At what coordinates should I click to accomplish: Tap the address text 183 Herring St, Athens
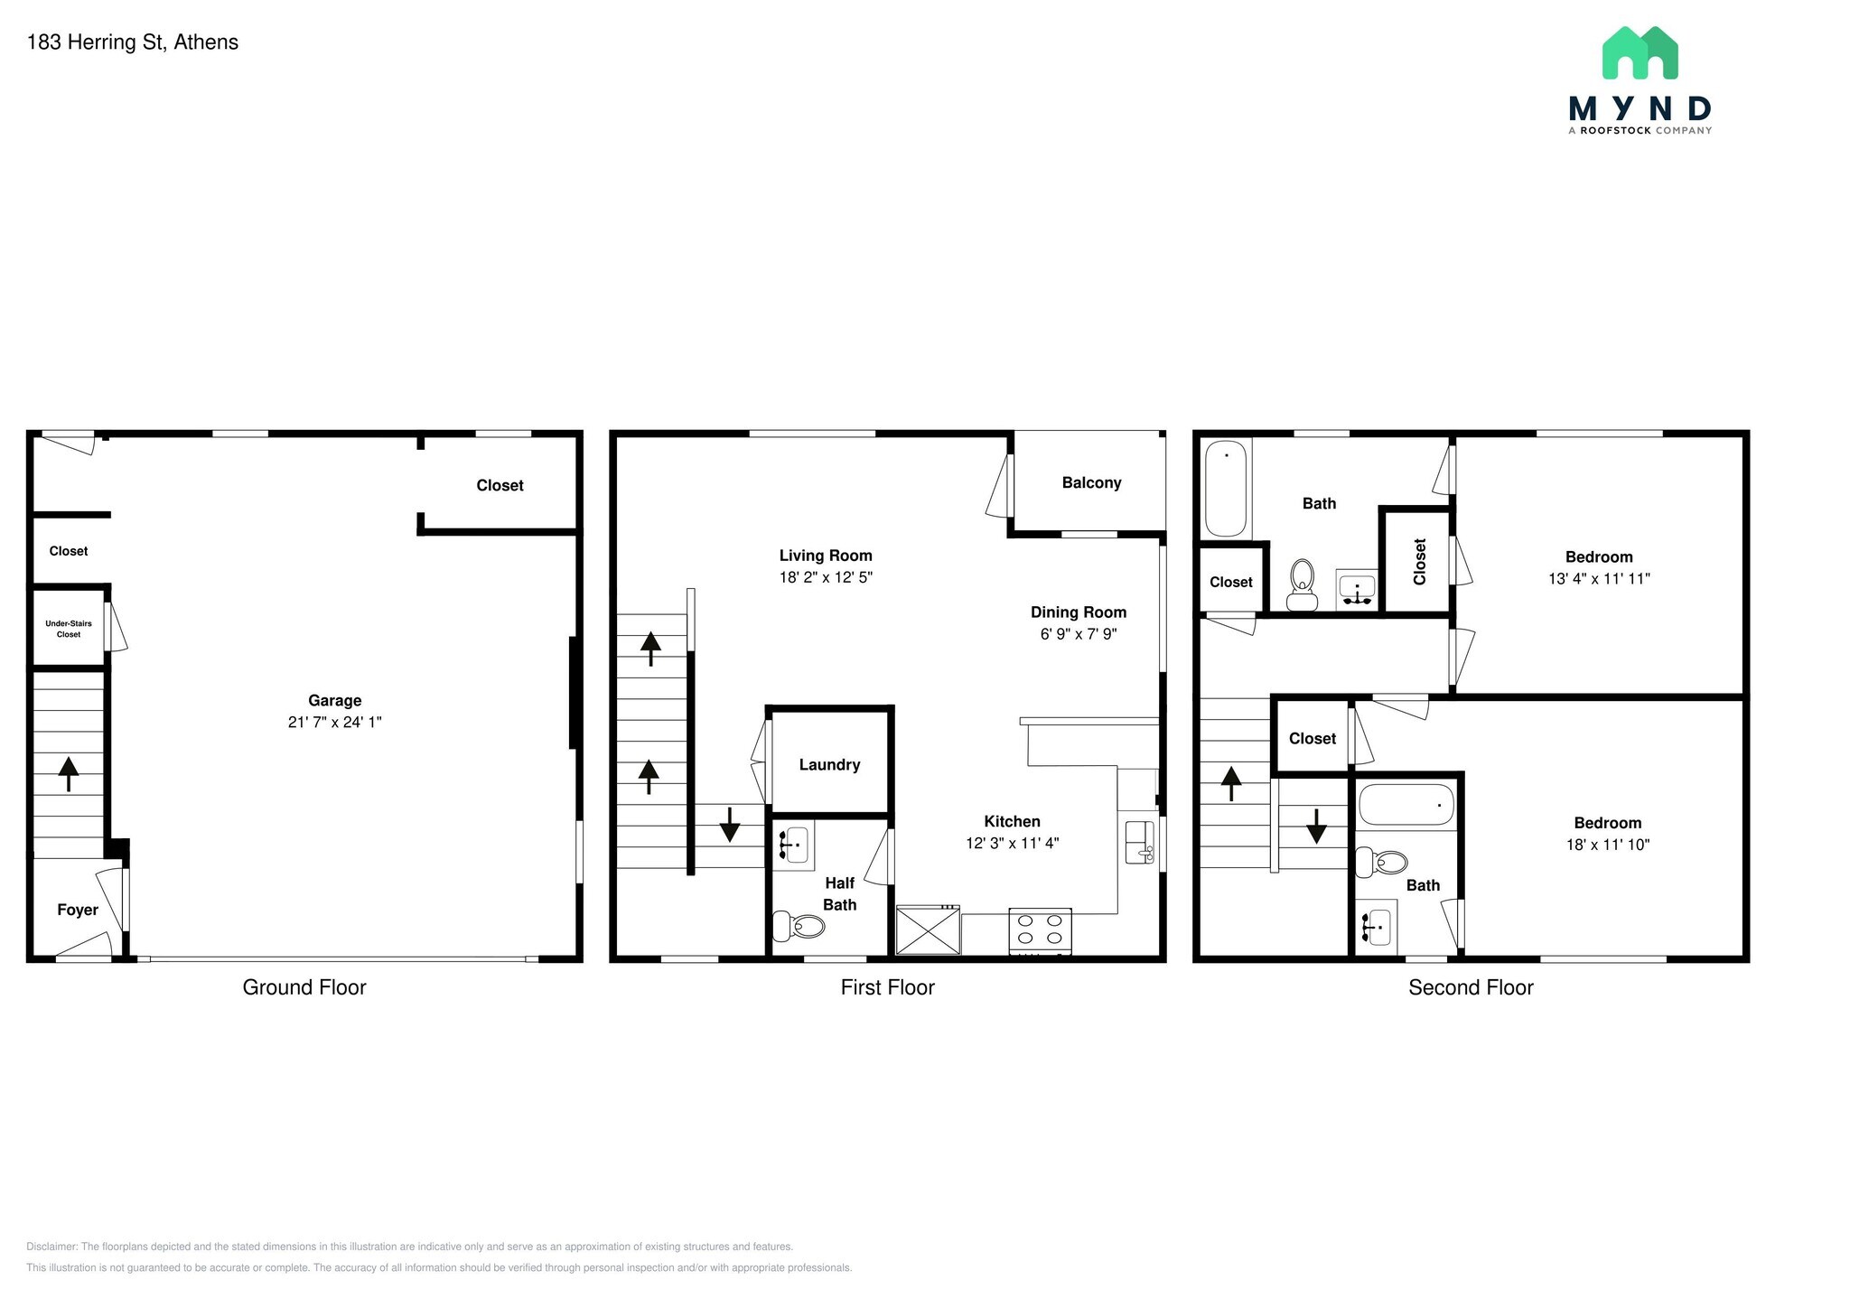pyautogui.click(x=133, y=42)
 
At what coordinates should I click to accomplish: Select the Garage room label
pyautogui.click(x=334, y=700)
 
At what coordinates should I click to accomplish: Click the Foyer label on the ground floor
pyautogui.click(x=78, y=910)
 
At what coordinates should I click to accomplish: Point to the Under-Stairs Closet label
pyautogui.click(x=69, y=629)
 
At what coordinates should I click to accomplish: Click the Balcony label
pyautogui.click(x=1091, y=483)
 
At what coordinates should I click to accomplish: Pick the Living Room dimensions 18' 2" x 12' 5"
pyautogui.click(x=826, y=577)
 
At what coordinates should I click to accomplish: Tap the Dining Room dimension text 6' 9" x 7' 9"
pyautogui.click(x=1079, y=634)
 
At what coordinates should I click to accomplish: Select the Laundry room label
pyautogui.click(x=829, y=765)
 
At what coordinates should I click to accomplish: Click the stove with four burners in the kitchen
pyautogui.click(x=1040, y=930)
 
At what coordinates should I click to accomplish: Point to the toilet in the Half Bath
pyautogui.click(x=799, y=926)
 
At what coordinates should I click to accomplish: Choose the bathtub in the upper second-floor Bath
pyautogui.click(x=1226, y=490)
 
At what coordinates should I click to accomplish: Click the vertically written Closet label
pyautogui.click(x=1419, y=561)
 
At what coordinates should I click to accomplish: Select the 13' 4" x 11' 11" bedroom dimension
pyautogui.click(x=1599, y=579)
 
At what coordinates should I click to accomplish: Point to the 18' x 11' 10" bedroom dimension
pyautogui.click(x=1608, y=846)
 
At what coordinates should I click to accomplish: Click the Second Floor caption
pyautogui.click(x=1471, y=987)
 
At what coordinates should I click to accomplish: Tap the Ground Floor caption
pyautogui.click(x=304, y=987)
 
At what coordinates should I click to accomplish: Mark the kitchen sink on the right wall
pyautogui.click(x=1139, y=843)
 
